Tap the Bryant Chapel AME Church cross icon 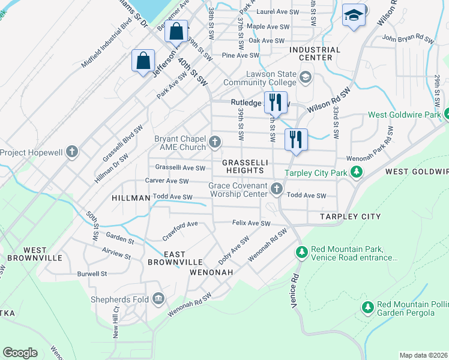(215, 143)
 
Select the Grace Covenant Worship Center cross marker (277, 190)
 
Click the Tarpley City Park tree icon (357, 173)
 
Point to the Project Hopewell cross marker (72, 152)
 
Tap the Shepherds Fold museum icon (158, 298)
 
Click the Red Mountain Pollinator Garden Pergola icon (368, 307)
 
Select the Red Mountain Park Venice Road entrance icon (301, 253)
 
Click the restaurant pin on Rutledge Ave (276, 101)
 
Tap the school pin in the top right (354, 16)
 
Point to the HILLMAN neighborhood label (130, 197)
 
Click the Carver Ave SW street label (166, 181)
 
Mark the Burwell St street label (91, 274)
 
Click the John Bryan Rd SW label (407, 40)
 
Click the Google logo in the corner (20, 353)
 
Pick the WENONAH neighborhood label (210, 272)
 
